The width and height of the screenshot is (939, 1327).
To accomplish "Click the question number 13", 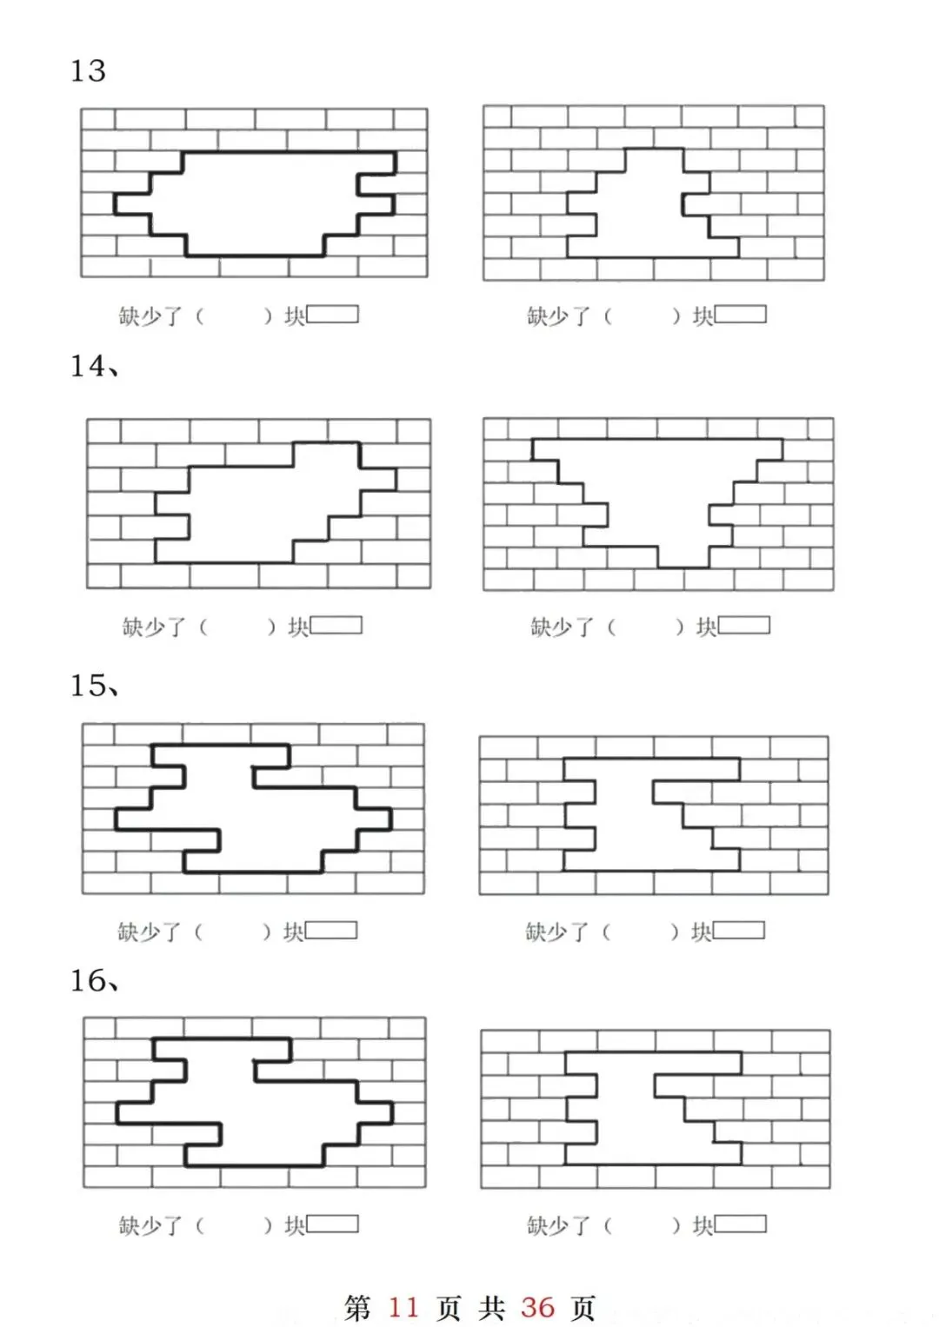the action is click(x=88, y=70).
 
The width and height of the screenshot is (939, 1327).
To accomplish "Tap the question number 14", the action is click(x=89, y=365).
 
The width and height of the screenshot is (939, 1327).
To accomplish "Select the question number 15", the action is click(x=89, y=685).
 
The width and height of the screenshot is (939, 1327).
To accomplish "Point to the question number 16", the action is click(x=89, y=980).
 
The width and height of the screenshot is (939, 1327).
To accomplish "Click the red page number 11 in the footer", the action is click(x=403, y=1307).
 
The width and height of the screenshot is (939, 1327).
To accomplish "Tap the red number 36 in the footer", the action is click(x=537, y=1307).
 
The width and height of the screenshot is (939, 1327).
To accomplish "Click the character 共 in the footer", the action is click(x=491, y=1307).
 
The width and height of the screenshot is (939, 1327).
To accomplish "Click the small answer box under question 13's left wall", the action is click(x=332, y=314).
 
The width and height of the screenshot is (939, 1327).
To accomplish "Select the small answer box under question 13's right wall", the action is click(x=740, y=314).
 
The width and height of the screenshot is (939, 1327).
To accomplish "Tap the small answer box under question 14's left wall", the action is click(x=336, y=625).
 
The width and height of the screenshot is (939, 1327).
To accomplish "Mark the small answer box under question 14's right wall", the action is click(x=743, y=625).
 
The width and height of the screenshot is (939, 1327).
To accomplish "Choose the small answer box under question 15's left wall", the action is click(x=330, y=930).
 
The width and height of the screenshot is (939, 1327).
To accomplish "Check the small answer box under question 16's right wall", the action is click(x=740, y=1224).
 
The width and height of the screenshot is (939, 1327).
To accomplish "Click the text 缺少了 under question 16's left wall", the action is click(x=150, y=1225).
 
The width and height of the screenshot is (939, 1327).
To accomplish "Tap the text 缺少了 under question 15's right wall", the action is click(x=557, y=932).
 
